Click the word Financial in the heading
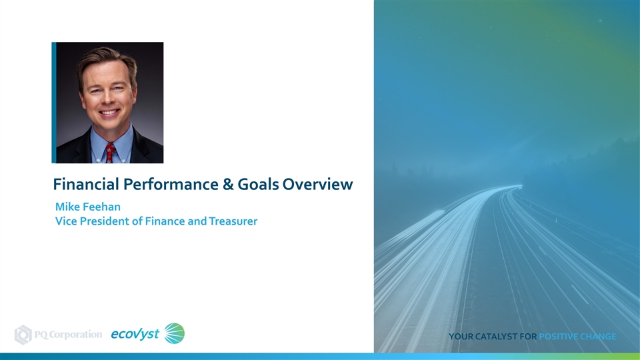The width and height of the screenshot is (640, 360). click(86, 184)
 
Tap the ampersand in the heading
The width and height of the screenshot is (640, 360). click(228, 185)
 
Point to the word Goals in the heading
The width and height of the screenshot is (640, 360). click(258, 185)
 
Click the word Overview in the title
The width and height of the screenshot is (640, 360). click(317, 185)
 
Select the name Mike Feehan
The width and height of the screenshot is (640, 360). click(88, 207)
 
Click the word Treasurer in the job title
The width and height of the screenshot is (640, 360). click(233, 221)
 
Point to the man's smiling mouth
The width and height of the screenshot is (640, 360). click(109, 112)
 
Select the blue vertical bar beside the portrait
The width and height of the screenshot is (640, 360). click(54, 103)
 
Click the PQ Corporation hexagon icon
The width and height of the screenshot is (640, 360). click(23, 335)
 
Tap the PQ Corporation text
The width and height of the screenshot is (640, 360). click(68, 335)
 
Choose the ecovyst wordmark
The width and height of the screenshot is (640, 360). click(135, 334)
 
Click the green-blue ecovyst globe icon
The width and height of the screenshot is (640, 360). click(174, 333)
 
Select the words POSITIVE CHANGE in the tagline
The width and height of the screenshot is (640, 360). click(577, 337)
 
